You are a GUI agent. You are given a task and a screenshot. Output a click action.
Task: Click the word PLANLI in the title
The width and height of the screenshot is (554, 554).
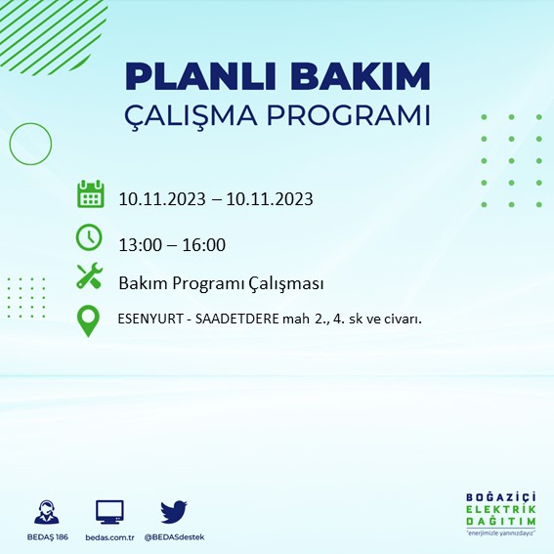[x=200, y=76]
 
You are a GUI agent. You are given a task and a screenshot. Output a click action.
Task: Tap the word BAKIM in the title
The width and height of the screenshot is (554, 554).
[x=360, y=76]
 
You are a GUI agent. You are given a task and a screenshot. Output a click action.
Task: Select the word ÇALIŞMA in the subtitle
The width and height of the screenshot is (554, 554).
[x=191, y=115]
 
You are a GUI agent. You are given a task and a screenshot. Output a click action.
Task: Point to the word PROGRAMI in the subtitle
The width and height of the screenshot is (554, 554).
[x=349, y=115]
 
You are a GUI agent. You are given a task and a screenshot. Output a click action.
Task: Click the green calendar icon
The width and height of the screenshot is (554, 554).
[x=91, y=193]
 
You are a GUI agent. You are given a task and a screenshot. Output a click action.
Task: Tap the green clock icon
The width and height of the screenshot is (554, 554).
[x=89, y=237]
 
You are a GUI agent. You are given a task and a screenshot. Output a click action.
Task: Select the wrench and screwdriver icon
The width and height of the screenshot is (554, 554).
[x=89, y=276]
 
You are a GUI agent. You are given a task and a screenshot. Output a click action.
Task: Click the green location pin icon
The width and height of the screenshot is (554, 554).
[x=88, y=320]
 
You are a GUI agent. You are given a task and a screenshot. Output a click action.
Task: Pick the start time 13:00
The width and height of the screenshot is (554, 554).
[x=140, y=245]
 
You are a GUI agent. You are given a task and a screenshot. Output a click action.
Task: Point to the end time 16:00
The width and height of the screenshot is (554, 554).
[x=204, y=245]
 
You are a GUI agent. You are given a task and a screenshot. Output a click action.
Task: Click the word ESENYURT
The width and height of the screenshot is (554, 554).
[x=150, y=319]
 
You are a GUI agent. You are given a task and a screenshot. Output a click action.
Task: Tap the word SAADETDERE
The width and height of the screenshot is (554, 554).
[x=237, y=319]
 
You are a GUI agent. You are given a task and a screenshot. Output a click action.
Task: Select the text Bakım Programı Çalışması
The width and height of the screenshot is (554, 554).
[x=221, y=283]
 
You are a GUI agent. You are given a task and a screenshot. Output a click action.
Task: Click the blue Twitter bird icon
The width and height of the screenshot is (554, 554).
[x=174, y=512]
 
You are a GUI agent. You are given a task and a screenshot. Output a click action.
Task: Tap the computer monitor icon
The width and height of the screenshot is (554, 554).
[x=109, y=512]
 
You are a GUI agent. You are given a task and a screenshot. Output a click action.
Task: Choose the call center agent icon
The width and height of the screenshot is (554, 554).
[x=47, y=512]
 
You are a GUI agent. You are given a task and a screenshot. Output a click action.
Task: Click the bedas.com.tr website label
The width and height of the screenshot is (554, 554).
[x=109, y=537]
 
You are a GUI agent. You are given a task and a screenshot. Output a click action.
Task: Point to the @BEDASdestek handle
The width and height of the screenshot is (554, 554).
[x=174, y=537]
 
